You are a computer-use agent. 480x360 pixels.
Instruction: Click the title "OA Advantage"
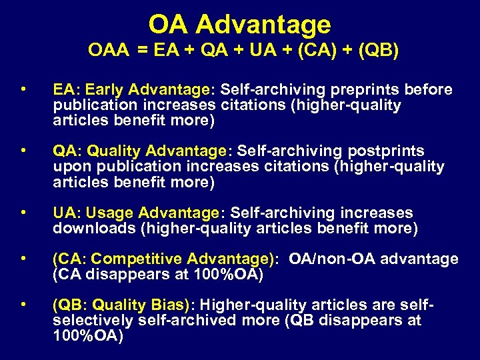click(239, 25)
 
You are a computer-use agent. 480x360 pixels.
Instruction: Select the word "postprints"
click(387, 151)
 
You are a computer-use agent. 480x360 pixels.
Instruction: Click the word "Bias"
click(165, 305)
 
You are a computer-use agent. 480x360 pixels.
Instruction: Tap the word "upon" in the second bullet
click(69, 167)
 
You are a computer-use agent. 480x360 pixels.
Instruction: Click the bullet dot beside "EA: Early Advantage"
click(23, 89)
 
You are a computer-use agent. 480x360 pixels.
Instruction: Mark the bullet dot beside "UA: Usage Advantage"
click(23, 212)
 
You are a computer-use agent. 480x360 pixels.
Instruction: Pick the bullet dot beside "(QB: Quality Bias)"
click(23, 305)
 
